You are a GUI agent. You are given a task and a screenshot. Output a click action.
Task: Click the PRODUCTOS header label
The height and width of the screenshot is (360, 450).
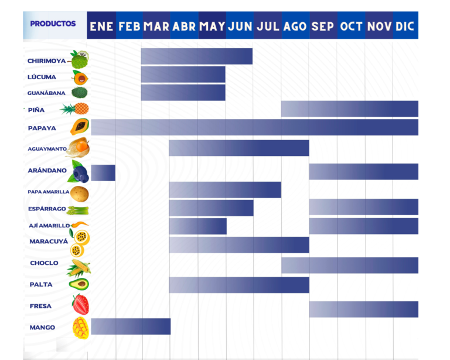(53, 24)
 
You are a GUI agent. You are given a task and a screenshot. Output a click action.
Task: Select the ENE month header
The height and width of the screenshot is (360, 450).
(101, 26)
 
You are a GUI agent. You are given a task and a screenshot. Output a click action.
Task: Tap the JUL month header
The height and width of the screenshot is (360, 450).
(268, 26)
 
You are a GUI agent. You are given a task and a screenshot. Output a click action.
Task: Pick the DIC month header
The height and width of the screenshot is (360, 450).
(405, 26)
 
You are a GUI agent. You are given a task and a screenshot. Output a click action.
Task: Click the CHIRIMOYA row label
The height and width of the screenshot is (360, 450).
(47, 61)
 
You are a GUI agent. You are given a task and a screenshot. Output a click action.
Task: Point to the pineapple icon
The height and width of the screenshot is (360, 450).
(75, 109)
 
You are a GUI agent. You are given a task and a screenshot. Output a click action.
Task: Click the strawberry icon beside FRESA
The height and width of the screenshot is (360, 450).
(81, 305)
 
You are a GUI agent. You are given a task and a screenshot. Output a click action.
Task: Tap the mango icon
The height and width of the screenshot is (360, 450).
(80, 328)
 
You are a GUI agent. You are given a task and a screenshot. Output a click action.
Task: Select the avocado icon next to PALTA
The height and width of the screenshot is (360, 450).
(79, 284)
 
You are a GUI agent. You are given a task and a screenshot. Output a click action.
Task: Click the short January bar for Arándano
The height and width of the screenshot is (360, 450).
(103, 172)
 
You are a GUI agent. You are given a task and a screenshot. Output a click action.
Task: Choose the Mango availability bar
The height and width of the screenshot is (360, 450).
(131, 327)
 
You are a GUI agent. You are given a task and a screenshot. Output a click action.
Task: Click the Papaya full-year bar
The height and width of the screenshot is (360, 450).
(254, 127)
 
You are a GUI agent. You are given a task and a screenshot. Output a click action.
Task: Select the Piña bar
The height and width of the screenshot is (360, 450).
(349, 109)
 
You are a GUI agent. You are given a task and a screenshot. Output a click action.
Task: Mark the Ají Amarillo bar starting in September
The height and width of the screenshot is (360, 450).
(363, 226)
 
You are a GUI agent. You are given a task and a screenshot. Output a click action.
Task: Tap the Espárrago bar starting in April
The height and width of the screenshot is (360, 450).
(211, 208)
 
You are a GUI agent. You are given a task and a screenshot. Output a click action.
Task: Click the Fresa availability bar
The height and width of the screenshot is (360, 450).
(363, 309)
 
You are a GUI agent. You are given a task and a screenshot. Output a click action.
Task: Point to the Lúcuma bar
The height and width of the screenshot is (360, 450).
(183, 74)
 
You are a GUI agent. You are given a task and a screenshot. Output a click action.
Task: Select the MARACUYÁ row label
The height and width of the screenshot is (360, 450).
(49, 242)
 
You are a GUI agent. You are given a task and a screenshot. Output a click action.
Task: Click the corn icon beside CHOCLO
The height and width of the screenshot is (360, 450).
(79, 267)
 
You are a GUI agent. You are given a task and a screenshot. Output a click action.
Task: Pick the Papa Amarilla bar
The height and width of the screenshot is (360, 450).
(225, 190)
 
